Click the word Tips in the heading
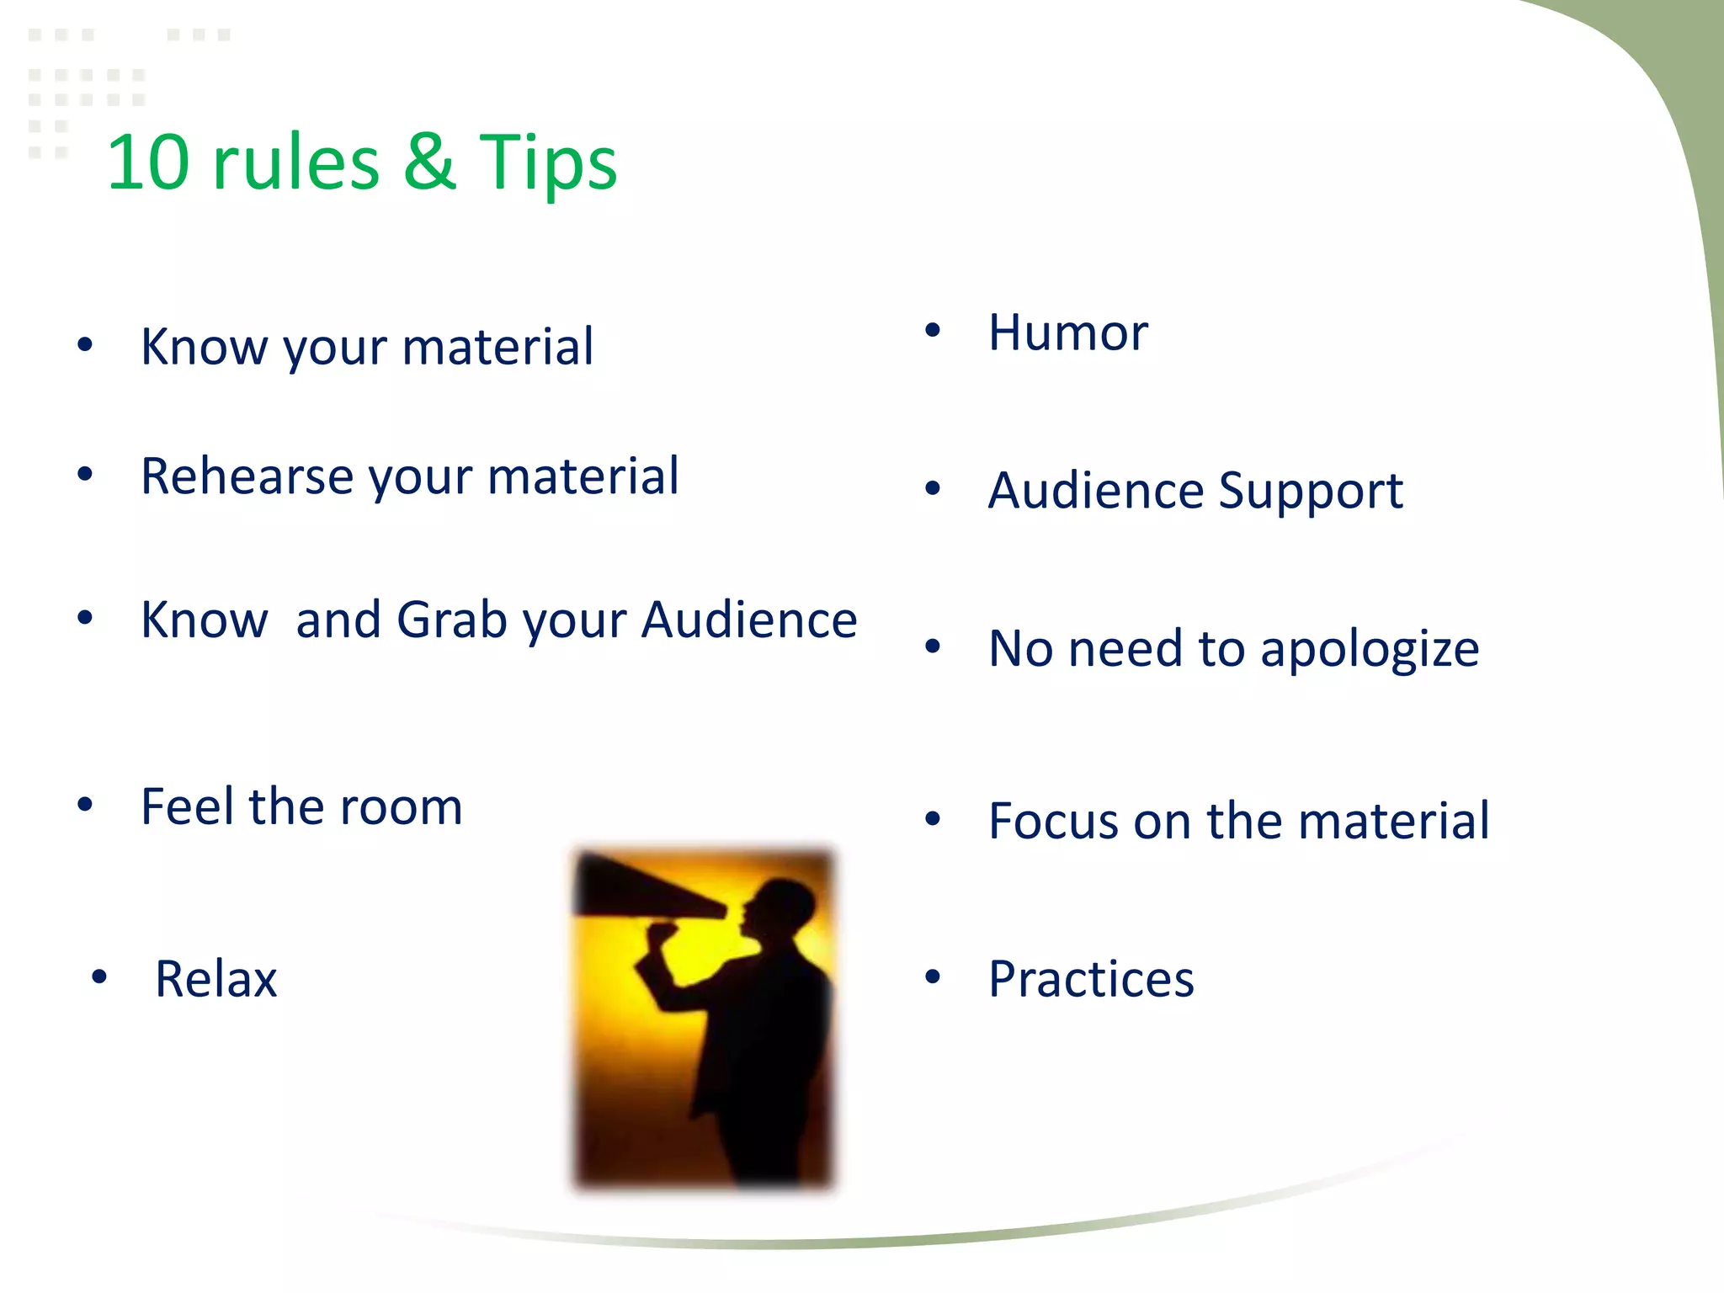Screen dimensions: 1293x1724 tap(547, 164)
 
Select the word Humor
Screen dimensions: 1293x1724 tap(1067, 333)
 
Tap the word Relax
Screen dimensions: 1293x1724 tap(215, 979)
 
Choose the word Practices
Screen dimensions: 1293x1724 tap(1091, 979)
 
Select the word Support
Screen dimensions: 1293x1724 tap(1310, 492)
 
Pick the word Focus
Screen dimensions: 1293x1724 tap(1053, 821)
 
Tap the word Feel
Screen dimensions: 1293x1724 tap(187, 806)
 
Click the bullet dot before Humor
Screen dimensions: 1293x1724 tap(932, 330)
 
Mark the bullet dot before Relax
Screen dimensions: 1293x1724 tap(99, 976)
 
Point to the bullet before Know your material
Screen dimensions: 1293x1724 tap(84, 344)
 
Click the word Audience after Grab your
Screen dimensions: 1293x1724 tap(749, 621)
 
